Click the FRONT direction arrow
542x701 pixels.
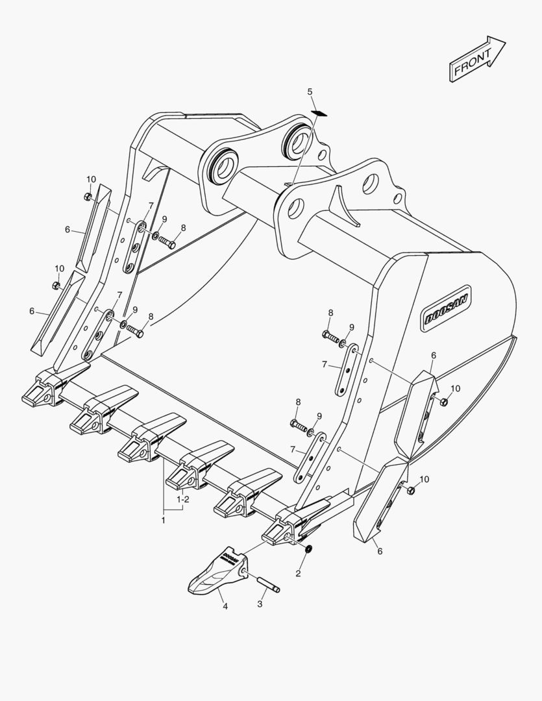click(x=477, y=59)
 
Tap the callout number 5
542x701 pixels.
click(x=310, y=92)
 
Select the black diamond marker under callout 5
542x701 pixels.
click(x=319, y=113)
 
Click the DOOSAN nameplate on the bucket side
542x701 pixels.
click(x=446, y=308)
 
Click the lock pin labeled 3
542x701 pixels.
click(x=268, y=585)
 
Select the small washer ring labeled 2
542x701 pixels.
click(x=308, y=548)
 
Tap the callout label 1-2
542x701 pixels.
click(x=183, y=499)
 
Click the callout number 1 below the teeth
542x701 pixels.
click(x=163, y=521)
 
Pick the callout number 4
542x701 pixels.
click(x=225, y=606)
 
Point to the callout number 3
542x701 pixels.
click(x=260, y=604)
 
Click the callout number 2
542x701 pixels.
click(x=299, y=573)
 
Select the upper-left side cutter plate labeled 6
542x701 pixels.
click(x=94, y=228)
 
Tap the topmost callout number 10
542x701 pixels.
click(x=91, y=179)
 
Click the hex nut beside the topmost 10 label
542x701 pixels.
click(x=88, y=197)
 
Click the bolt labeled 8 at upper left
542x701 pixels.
click(x=167, y=243)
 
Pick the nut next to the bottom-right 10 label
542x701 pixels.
click(x=411, y=491)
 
